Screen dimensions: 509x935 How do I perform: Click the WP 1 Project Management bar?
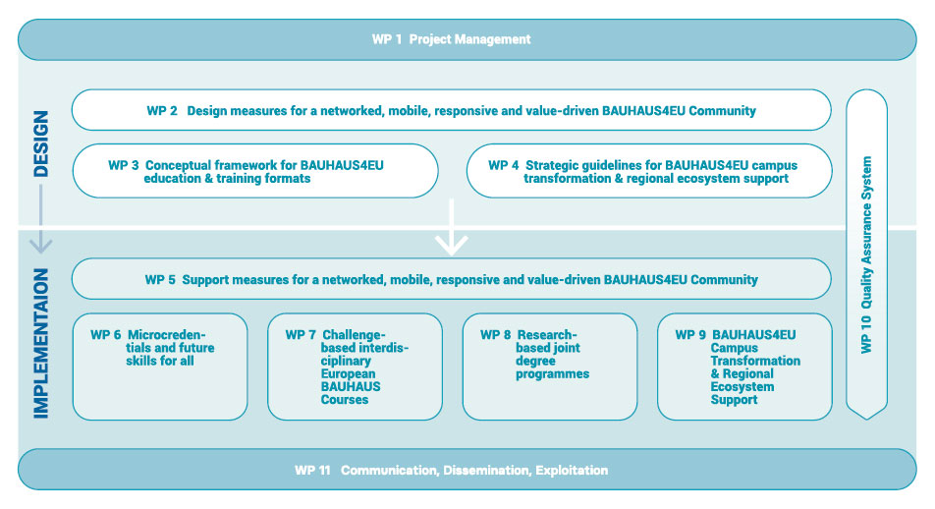467,39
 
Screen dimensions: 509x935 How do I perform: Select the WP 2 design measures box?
452,111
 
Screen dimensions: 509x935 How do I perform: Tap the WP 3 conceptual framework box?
255,171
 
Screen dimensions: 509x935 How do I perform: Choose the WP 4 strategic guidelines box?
648,171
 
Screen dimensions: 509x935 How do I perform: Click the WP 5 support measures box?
452,280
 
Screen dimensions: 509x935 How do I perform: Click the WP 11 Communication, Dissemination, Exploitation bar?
467,470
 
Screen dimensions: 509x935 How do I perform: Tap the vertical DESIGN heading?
41,143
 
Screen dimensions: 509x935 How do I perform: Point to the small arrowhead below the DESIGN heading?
41,242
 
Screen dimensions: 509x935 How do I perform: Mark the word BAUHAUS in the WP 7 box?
351,387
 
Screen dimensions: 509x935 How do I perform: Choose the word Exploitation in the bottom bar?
572,471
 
